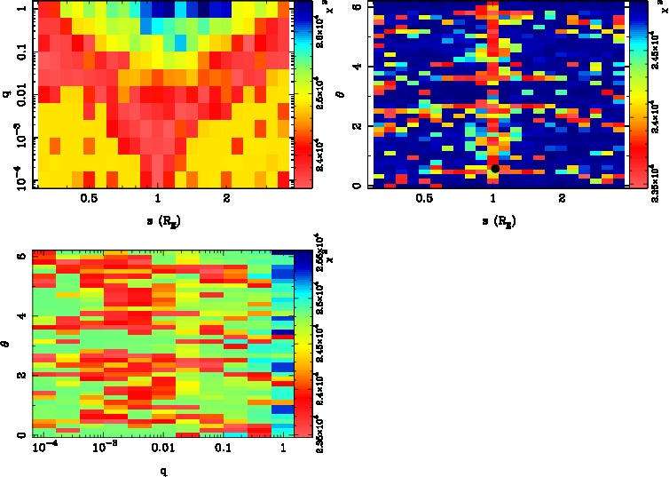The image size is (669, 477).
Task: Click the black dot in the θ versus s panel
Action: point(495,168)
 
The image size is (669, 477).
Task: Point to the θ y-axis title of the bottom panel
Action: point(8,343)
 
